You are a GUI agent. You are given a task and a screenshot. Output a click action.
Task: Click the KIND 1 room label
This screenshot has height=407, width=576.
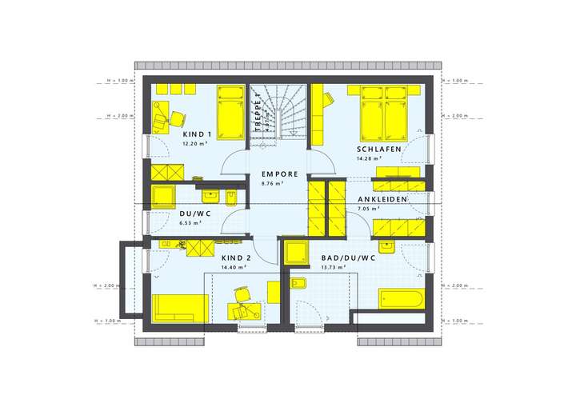click(x=196, y=134)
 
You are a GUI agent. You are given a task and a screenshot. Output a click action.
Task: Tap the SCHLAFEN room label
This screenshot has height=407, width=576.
click(x=378, y=150)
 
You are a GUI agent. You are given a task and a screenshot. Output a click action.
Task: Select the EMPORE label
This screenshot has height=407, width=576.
click(x=279, y=174)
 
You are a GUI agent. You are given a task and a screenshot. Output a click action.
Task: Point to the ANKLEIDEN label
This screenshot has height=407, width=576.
click(x=382, y=199)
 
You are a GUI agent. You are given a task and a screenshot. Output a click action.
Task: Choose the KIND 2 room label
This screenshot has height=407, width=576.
click(x=236, y=258)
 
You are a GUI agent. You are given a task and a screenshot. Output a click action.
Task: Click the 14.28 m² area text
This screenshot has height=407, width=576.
click(x=369, y=159)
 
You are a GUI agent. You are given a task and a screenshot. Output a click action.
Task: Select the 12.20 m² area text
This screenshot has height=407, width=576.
click(x=194, y=144)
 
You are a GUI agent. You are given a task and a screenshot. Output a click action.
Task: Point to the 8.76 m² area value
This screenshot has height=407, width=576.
click(x=273, y=184)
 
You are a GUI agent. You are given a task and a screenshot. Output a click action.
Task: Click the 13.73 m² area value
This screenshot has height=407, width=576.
click(x=333, y=267)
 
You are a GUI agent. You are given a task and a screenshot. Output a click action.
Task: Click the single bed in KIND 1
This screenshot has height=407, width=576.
click(x=230, y=112)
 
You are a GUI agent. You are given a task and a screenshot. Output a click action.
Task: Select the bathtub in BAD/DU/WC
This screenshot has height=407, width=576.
click(x=400, y=299)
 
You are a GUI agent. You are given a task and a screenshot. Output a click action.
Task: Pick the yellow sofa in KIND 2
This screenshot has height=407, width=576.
click(x=180, y=308)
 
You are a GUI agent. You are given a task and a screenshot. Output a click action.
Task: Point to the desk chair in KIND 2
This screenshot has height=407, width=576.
click(x=242, y=310)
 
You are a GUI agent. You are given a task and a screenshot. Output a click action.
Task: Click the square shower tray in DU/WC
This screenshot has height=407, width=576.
click(x=163, y=198)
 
